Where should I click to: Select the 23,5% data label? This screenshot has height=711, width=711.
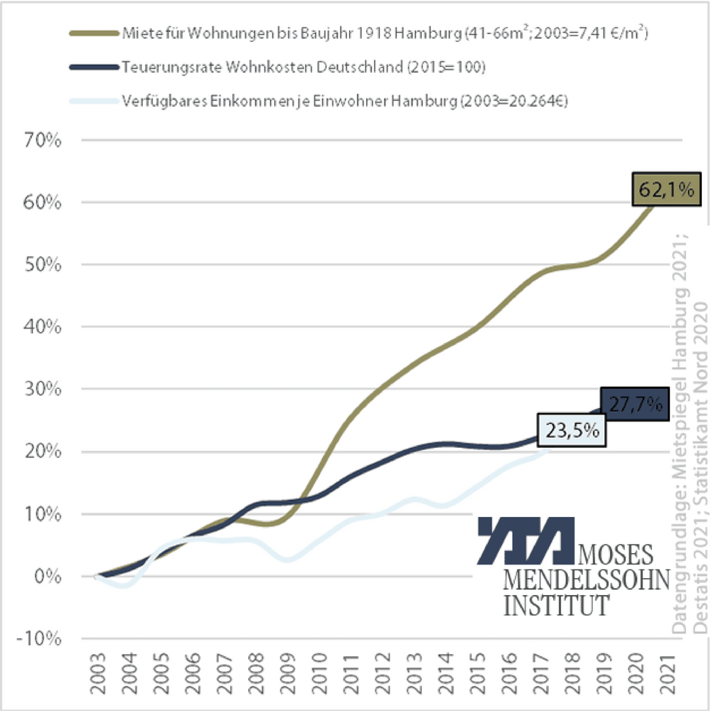point(572,430)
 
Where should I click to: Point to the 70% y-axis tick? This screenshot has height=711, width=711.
point(42,140)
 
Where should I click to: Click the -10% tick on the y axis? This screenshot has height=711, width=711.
point(39,638)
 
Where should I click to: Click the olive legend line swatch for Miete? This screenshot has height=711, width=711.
point(92,33)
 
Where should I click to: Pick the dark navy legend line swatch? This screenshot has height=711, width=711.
point(92,66)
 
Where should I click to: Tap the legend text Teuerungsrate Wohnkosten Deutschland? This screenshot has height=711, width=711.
point(302,67)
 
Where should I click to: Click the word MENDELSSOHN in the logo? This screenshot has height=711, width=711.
point(587,580)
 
